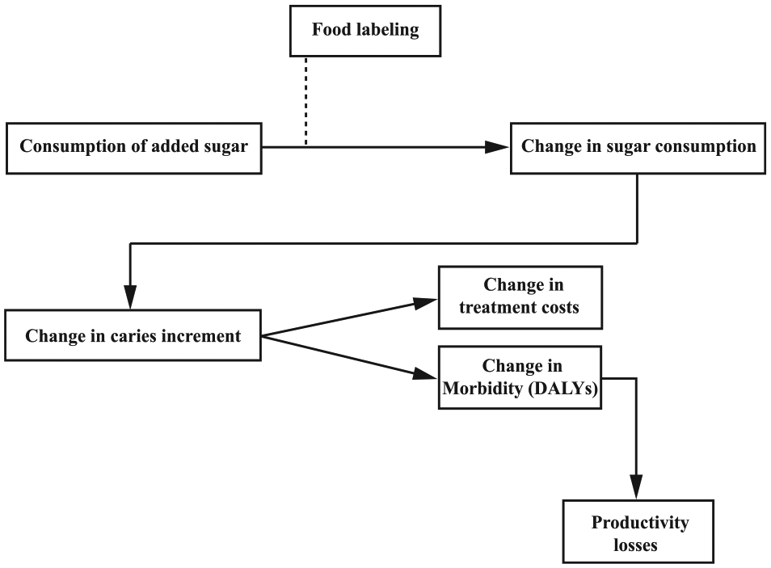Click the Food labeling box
[364, 31]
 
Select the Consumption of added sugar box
[133, 148]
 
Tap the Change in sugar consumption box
[638, 148]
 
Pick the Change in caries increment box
[133, 335]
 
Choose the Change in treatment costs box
[520, 297]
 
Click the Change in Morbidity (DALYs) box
[520, 377]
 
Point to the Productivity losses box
[638, 531]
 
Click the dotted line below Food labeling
[305, 101]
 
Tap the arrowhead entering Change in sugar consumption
[497, 147]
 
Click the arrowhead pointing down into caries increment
[130, 297]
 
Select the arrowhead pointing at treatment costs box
[425, 302]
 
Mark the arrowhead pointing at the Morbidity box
[423, 374]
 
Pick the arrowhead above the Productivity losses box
[636, 487]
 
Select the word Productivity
[640, 523]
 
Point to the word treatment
[491, 307]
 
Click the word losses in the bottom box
[635, 545]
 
